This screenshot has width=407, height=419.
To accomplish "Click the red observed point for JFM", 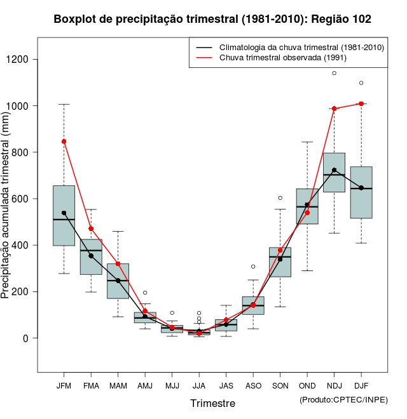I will pos(64,142).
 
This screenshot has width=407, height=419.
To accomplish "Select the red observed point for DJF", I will pos(361,103).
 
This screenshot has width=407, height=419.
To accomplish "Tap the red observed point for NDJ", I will pos(334,109).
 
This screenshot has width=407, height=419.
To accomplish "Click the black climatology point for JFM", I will pos(64,213).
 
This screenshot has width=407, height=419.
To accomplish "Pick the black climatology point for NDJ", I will pos(334,170).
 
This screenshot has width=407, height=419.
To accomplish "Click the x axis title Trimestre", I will pos(212,403).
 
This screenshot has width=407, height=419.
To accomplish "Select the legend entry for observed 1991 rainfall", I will pos(282,58).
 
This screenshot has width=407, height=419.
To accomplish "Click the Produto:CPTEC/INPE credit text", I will pos(343,399).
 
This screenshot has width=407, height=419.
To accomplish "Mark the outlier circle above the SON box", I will pos(280,198).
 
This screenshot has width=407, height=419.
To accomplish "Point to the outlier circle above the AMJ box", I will pos(145,293).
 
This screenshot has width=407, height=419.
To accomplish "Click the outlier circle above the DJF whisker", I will pos(361,83).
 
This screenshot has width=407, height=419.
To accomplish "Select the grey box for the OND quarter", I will pos(307,206).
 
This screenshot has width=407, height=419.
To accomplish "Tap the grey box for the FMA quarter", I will pos(91,256).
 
